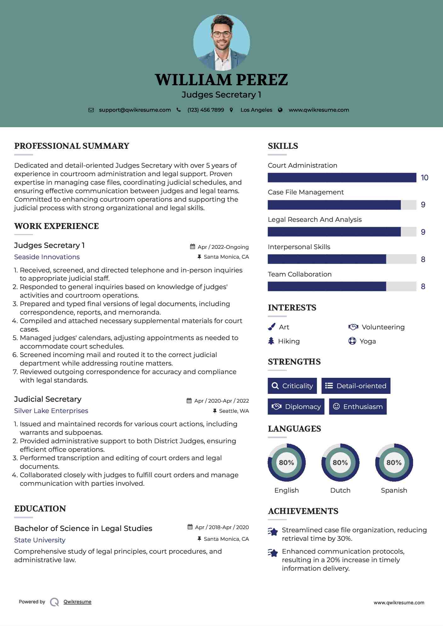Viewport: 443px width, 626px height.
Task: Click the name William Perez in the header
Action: point(221,80)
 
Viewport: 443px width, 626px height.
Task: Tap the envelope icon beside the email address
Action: point(91,110)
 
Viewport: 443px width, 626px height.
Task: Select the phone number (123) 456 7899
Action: point(206,110)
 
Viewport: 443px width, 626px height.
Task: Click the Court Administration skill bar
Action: point(342,178)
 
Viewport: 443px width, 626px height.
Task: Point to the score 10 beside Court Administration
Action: point(424,178)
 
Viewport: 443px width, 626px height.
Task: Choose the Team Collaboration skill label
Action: point(299,274)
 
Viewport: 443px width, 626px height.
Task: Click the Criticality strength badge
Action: point(292,386)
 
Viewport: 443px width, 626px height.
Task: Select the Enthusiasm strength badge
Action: point(358,406)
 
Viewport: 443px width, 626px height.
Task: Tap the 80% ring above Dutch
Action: point(340,462)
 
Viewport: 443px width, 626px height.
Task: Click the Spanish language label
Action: point(394,490)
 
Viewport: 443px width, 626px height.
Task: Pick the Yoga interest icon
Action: point(352,341)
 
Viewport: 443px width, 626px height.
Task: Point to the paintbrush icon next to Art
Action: point(271,327)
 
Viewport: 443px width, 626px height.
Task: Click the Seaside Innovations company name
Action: point(47,257)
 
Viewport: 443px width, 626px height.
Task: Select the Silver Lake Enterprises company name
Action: point(51,411)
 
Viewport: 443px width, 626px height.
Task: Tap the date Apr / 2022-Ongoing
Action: point(223,247)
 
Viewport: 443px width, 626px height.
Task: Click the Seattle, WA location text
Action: point(234,411)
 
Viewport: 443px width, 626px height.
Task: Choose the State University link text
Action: point(40,540)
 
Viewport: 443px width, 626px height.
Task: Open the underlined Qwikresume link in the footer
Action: point(77,602)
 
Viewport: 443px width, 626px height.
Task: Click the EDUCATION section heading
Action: point(40,509)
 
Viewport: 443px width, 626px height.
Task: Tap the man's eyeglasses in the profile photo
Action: point(222,34)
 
